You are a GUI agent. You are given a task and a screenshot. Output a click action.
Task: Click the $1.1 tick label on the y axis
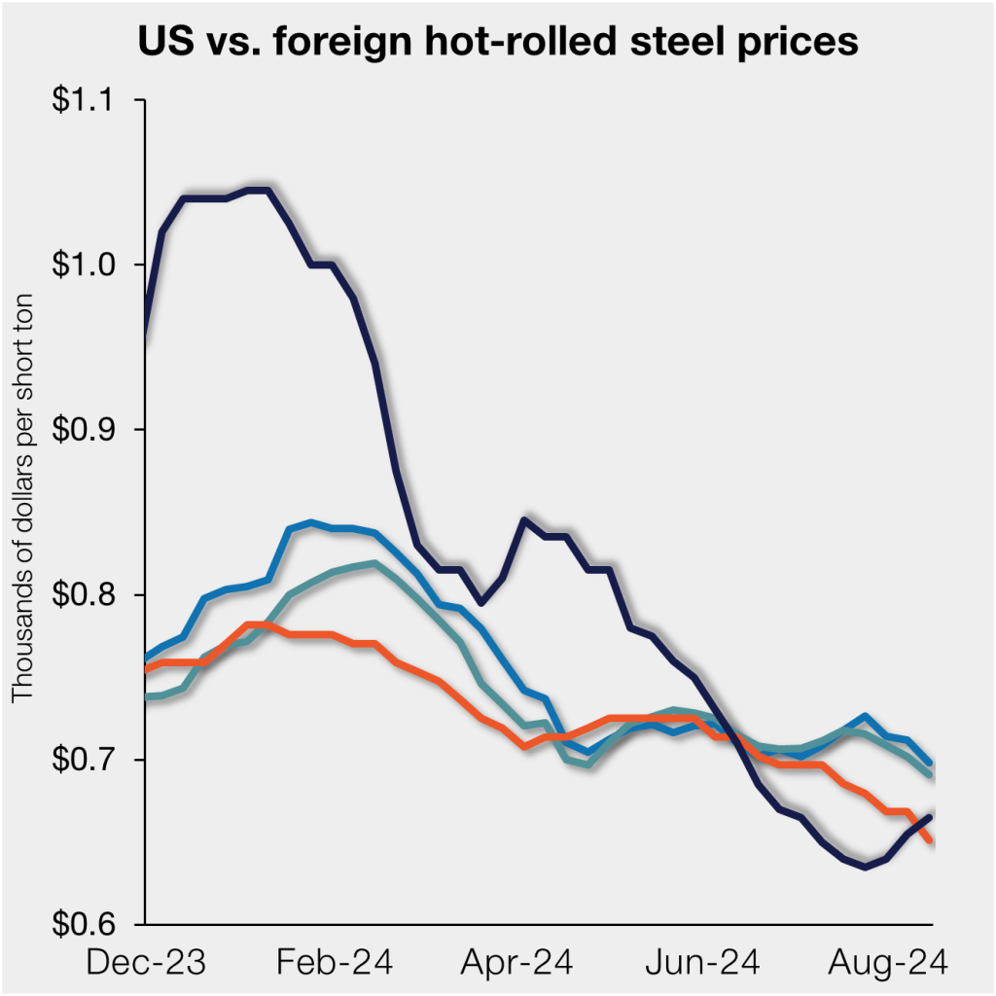tap(94, 100)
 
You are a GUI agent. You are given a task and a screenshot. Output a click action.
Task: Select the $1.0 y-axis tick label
tap(94, 265)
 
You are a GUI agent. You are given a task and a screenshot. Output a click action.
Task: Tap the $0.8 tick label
tap(94, 594)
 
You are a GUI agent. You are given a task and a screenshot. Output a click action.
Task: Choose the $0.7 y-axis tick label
tap(94, 759)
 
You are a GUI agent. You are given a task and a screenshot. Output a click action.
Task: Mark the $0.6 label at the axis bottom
tap(94, 924)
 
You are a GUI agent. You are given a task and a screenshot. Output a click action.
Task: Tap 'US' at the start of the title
tap(161, 43)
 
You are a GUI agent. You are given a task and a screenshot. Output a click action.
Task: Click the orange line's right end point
tap(931, 839)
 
